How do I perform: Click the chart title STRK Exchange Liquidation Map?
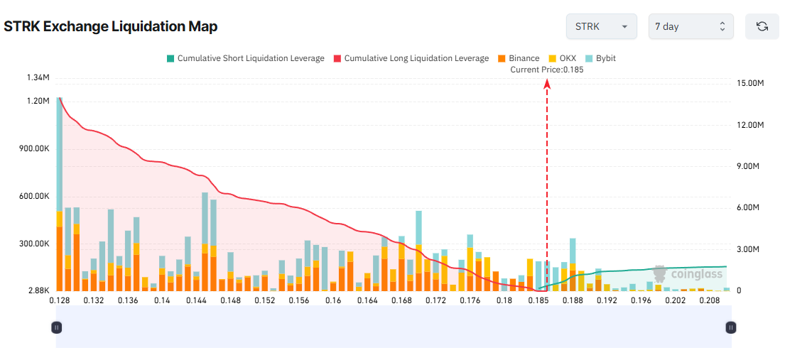tap(111, 27)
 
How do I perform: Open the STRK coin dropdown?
tap(601, 26)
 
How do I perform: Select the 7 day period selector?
tap(691, 26)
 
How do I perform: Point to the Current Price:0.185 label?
tap(547, 70)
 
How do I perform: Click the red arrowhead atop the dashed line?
tap(547, 84)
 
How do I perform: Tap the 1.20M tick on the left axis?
tap(37, 102)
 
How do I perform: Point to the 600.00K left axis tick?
tap(33, 196)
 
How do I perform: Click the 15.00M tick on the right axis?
tap(750, 83)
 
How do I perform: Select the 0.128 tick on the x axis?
tap(59, 300)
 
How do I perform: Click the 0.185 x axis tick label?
tap(538, 300)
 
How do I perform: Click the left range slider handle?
tap(57, 327)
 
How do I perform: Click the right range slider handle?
tap(731, 327)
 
